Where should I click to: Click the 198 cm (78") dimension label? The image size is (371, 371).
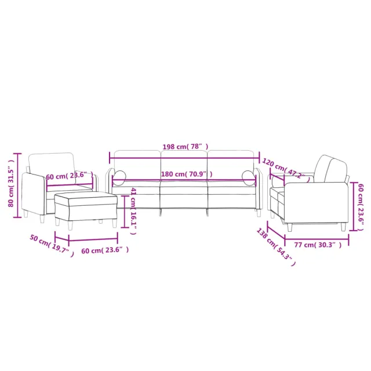coord(185,147)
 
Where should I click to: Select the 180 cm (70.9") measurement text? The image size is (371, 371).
coord(186,174)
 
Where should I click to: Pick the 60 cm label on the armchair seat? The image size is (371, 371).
coord(70,175)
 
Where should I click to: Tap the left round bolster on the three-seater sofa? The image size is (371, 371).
coord(119,177)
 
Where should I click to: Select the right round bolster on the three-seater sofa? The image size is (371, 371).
coord(248,177)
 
